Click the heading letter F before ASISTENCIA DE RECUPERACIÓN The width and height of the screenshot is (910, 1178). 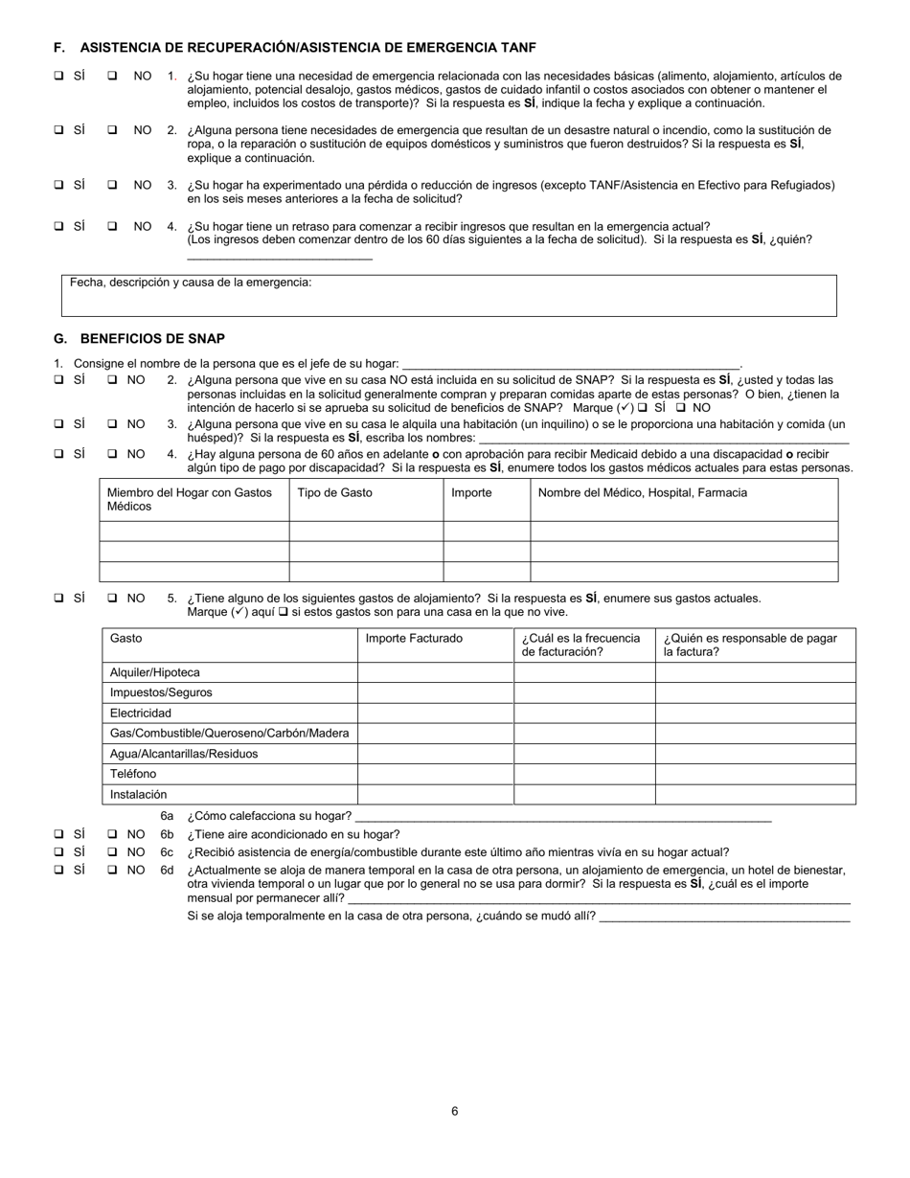pos(58,47)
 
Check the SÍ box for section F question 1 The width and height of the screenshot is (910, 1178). pos(59,76)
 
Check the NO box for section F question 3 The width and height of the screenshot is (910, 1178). pos(112,185)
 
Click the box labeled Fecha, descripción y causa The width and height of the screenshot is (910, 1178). pos(448,296)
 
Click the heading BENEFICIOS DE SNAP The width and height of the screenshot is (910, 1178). pos(152,338)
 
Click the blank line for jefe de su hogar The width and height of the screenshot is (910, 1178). pos(571,364)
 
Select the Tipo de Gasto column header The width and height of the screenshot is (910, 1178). pos(335,492)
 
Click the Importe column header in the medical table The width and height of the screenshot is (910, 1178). pos(471,492)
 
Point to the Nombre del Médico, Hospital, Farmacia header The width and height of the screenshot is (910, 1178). pos(642,492)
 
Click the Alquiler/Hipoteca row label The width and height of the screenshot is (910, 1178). pos(155,672)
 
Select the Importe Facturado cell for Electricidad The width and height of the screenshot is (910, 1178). pos(435,713)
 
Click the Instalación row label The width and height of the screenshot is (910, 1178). pos(138,794)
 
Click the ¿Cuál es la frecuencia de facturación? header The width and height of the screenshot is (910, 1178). pos(580,645)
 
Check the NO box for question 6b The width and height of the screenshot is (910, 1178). pos(112,834)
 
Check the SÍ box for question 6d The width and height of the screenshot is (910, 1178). pos(59,870)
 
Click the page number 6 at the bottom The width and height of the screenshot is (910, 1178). pos(455,1111)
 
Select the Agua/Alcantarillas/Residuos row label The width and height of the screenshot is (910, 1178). pos(184,754)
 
